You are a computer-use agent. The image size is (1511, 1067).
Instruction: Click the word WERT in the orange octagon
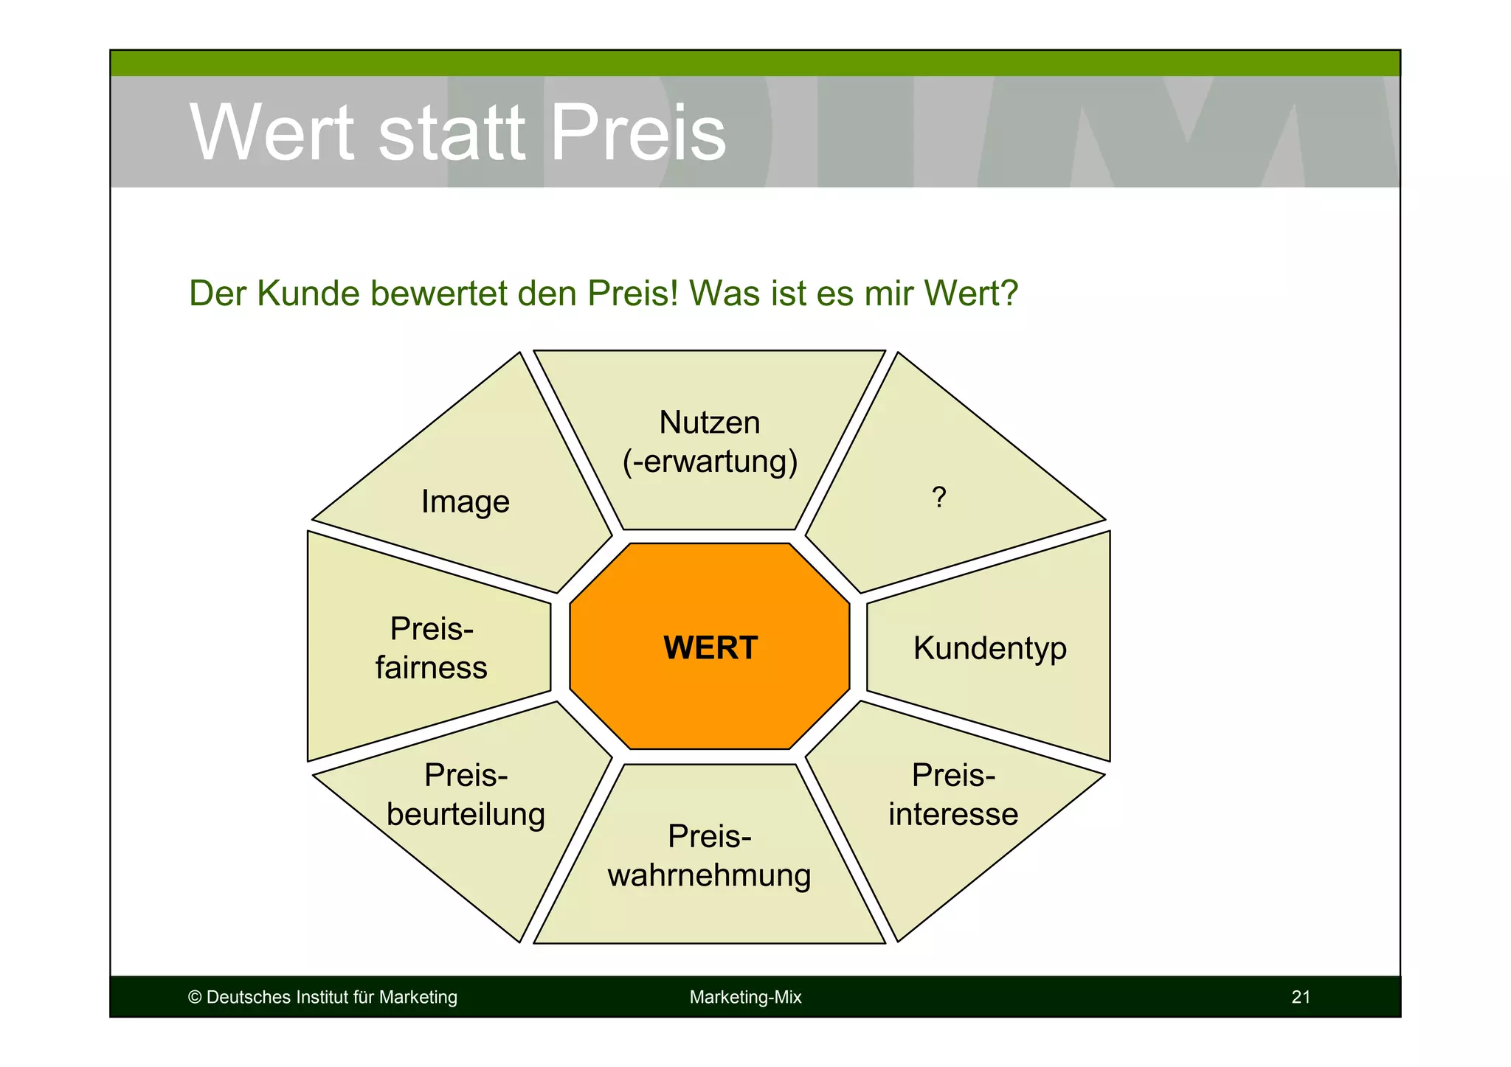pyautogui.click(x=710, y=648)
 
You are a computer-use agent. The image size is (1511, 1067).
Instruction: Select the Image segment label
pyautogui.click(x=465, y=502)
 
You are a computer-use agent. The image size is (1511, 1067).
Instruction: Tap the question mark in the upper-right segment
pyautogui.click(x=938, y=498)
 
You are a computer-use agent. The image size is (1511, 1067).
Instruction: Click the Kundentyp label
pyautogui.click(x=989, y=648)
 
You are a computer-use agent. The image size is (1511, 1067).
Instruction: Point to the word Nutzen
pyautogui.click(x=709, y=423)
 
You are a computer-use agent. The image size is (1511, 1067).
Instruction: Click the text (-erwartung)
pyautogui.click(x=710, y=462)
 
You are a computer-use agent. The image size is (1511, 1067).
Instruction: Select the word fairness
pyautogui.click(x=431, y=668)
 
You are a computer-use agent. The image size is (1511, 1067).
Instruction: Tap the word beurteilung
pyautogui.click(x=466, y=814)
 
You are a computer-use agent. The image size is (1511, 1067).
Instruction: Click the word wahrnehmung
pyautogui.click(x=709, y=875)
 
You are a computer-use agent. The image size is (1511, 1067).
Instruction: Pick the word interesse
pyautogui.click(x=952, y=814)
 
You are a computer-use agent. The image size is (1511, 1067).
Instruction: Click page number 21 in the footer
pyautogui.click(x=1301, y=997)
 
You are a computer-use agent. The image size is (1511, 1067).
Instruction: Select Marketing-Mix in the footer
pyautogui.click(x=745, y=997)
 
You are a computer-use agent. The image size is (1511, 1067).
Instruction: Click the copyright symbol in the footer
pyautogui.click(x=195, y=997)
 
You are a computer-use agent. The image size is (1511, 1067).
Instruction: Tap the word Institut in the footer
pyautogui.click(x=322, y=997)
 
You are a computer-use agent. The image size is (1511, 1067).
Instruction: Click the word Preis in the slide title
pyautogui.click(x=638, y=133)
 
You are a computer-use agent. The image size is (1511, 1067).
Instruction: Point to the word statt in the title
pyautogui.click(x=452, y=133)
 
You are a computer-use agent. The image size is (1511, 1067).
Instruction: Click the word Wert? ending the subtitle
pyautogui.click(x=970, y=293)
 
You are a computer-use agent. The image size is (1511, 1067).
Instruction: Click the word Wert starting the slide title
pyautogui.click(x=272, y=133)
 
